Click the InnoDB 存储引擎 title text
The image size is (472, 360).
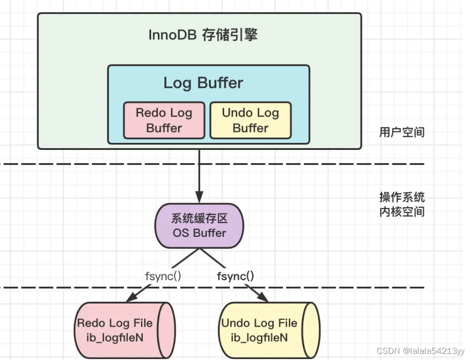[203, 35]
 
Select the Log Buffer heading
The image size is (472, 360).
[203, 83]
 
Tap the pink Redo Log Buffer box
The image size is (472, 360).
[164, 120]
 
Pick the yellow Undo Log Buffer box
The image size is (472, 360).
[250, 120]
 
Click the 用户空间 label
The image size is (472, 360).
[402, 132]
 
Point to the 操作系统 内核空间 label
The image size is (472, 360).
[402, 204]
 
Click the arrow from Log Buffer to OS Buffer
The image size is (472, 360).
[199, 174]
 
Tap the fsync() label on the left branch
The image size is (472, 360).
[163, 276]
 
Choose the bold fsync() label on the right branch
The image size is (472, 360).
[235, 276]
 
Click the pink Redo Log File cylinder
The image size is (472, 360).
[124, 330]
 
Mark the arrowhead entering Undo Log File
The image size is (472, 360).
[262, 297]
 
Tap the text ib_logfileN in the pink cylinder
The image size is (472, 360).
[115, 337]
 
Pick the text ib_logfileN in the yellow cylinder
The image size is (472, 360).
[259, 337]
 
